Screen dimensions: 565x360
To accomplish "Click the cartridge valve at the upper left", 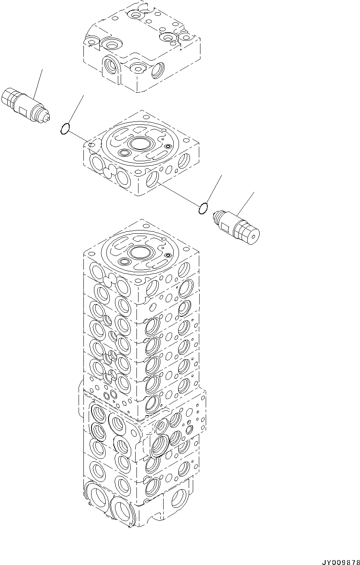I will (x=25, y=104).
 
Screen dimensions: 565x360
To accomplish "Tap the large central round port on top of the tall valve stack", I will (x=139, y=252).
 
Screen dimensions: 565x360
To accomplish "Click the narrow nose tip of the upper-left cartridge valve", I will (x=48, y=118).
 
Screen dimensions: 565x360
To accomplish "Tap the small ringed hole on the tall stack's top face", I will (x=167, y=255).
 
